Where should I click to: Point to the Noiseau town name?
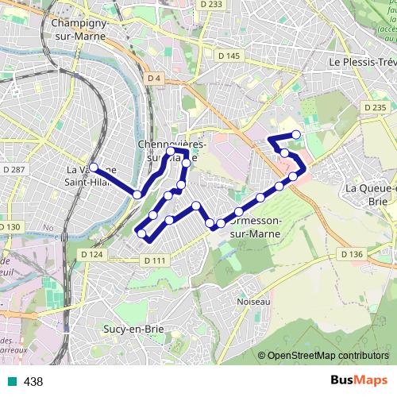[x=253, y=302]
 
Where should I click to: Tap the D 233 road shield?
[x=210, y=5]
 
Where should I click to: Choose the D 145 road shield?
[x=228, y=56]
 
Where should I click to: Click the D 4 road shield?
[x=153, y=78]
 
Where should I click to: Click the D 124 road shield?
[x=92, y=254]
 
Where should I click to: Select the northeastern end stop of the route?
[x=297, y=134]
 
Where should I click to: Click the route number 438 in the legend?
[x=33, y=382]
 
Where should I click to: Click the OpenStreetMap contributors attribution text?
[x=328, y=355]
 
